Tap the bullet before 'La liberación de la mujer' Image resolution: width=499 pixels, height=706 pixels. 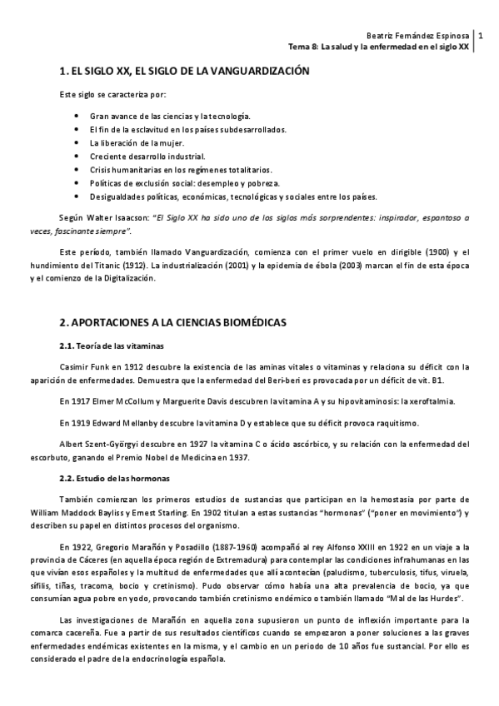pyautogui.click(x=77, y=143)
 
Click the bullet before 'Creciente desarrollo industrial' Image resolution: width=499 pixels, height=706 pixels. pyautogui.click(x=77, y=157)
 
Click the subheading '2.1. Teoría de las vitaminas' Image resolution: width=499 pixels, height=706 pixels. pyautogui.click(x=112, y=345)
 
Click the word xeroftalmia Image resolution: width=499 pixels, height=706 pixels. pyautogui.click(x=402, y=400)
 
